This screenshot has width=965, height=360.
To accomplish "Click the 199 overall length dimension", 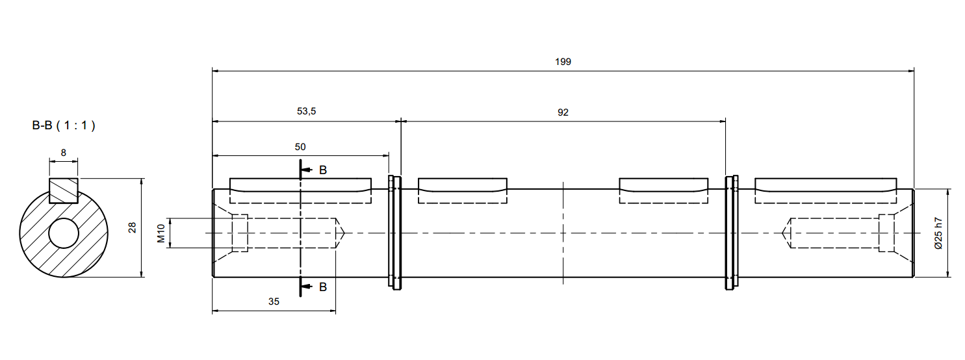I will pos(563,62).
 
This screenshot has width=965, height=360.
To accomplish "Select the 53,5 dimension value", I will pos(306,112).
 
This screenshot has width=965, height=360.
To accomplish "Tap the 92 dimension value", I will pos(563,112).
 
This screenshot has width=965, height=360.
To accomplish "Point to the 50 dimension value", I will pos(300,147).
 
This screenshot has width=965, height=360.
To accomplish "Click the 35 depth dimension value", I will pos(274,302).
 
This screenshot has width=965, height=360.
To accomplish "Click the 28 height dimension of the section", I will pos(133,227).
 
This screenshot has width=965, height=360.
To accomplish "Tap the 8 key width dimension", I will pos(63,152).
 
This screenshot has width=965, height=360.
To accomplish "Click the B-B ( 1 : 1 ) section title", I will pos(64,126).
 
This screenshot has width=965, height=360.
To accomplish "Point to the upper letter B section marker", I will pos(322,170).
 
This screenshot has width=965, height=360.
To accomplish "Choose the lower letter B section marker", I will pos(322,287).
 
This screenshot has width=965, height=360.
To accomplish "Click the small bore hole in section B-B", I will pos(64,233).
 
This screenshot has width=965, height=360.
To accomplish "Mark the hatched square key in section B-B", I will pos(64,190).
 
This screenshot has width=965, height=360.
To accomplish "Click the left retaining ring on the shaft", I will pos(394,233).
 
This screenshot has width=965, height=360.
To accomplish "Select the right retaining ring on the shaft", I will pos(732,233).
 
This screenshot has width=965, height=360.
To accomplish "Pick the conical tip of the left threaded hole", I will pos(341,233).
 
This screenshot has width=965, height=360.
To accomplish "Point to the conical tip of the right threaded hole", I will pos(785,233).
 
